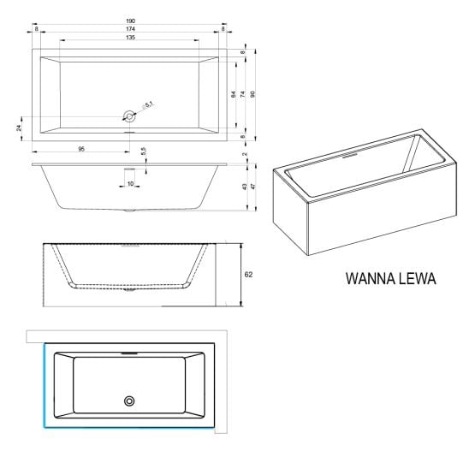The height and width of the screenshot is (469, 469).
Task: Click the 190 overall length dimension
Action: pyautogui.click(x=130, y=21)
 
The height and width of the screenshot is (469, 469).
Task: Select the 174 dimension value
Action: pyautogui.click(x=130, y=29)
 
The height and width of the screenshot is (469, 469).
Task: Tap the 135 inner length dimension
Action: pyautogui.click(x=130, y=38)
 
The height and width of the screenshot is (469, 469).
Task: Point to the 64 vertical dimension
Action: pyautogui.click(x=234, y=94)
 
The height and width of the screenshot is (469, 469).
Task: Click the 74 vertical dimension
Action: pyautogui.click(x=243, y=94)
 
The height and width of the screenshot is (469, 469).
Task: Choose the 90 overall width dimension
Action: pyautogui.click(x=252, y=94)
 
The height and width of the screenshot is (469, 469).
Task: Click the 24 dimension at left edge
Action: pyautogui.click(x=19, y=128)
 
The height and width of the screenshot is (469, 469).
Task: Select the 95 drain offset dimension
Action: pyautogui.click(x=81, y=149)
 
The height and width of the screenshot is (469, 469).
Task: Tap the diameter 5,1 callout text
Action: pyautogui.click(x=148, y=104)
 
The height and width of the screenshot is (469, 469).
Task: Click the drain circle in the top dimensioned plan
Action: pyautogui.click(x=129, y=116)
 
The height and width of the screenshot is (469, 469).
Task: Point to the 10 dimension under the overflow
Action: pyautogui.click(x=130, y=184)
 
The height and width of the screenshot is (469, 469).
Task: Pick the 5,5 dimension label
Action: pyautogui.click(x=144, y=151)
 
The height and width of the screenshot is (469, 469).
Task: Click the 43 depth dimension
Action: pyautogui.click(x=245, y=187)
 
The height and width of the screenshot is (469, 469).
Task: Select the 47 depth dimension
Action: pyautogui.click(x=253, y=187)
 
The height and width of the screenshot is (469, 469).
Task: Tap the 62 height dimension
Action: pyautogui.click(x=248, y=275)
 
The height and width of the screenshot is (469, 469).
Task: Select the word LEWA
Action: pyautogui.click(x=418, y=279)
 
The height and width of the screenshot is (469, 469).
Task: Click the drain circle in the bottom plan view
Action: pyautogui.click(x=129, y=401)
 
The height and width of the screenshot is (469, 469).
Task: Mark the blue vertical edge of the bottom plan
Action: pyautogui.click(x=45, y=385)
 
